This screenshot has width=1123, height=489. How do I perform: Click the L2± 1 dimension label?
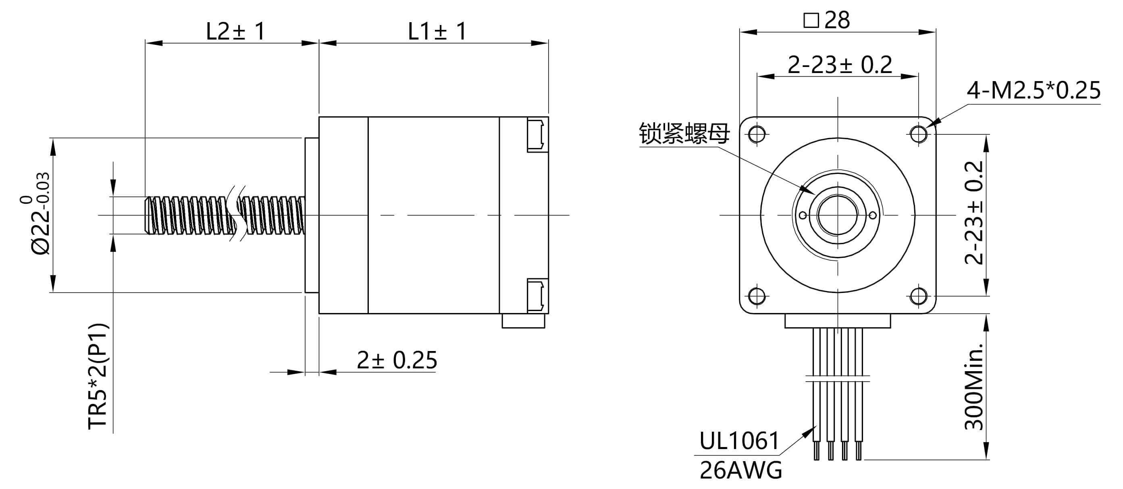click(235, 31)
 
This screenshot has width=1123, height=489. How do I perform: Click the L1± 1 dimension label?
click(437, 31)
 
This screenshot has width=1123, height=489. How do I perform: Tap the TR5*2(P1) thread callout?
click(98, 376)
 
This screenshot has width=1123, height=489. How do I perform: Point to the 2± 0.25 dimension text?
click(397, 360)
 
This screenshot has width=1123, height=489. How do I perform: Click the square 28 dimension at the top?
click(827, 20)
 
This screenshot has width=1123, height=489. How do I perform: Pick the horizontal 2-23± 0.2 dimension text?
click(840, 65)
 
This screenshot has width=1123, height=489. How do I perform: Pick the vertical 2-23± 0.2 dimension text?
click(974, 213)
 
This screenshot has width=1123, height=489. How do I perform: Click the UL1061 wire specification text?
click(739, 441)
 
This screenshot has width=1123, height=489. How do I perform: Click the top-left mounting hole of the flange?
click(757, 134)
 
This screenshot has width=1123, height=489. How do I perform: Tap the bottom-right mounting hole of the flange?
click(919, 296)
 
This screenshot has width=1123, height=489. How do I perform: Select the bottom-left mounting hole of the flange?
click(757, 296)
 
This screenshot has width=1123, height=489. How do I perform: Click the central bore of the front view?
click(838, 215)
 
